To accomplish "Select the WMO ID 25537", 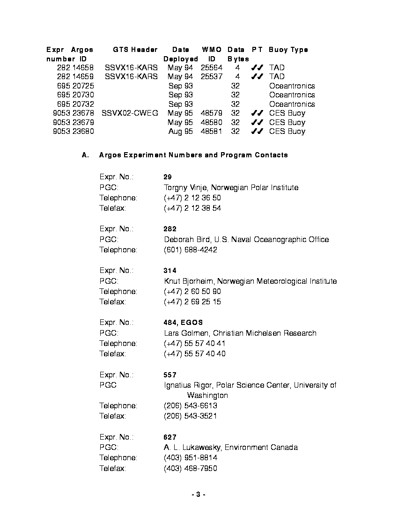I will (x=212, y=77).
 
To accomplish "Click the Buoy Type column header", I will (x=288, y=50).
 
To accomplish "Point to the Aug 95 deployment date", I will (x=181, y=132).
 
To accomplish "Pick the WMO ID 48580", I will (x=212, y=123).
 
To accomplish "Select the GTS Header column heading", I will (x=135, y=50).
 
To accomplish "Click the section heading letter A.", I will (x=85, y=155).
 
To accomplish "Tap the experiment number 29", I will (x=168, y=177).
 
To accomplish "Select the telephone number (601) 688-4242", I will (x=190, y=250).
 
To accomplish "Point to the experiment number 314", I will (x=170, y=271).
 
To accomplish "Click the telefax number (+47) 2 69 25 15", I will (x=192, y=302).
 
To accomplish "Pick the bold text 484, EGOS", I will (x=183, y=323).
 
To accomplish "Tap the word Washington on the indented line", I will (x=207, y=396).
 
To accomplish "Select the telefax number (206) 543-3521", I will (x=190, y=416).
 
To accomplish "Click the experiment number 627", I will (x=170, y=437).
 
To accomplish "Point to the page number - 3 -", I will (x=199, y=495).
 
